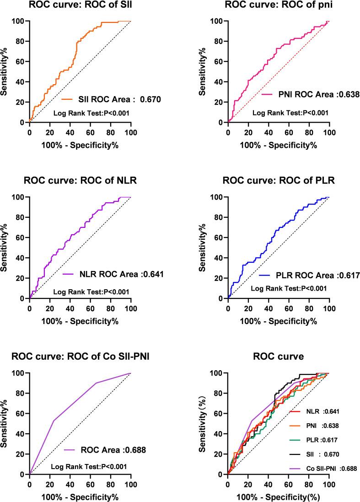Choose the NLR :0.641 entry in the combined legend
[x=316, y=411]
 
